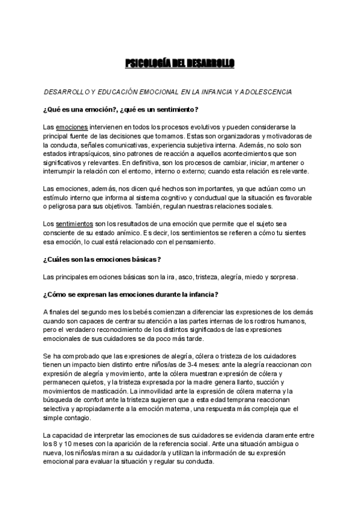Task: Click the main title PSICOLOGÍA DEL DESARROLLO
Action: [x=179, y=63]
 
